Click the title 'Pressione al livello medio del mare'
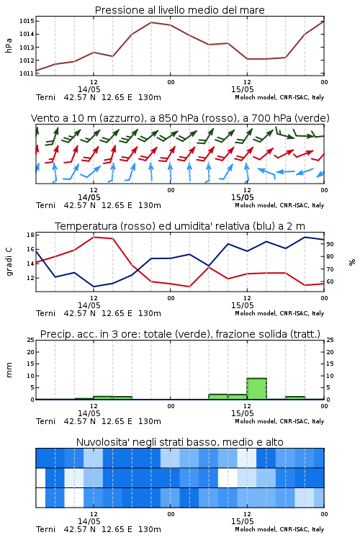click(179, 10)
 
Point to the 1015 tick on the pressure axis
click(27, 21)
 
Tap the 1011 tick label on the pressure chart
click(27, 73)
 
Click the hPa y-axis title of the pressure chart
click(9, 45)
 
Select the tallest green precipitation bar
click(256, 389)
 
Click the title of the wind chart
click(180, 118)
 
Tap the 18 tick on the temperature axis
click(30, 235)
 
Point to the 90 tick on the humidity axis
click(330, 244)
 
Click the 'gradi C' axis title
click(9, 261)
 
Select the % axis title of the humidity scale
click(352, 262)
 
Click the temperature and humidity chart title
click(180, 226)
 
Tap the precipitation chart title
click(180, 334)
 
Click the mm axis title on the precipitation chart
click(9, 370)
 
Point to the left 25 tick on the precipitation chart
click(30, 340)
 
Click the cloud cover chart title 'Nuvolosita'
click(180, 442)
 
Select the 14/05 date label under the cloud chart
click(89, 521)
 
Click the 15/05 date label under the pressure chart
click(242, 89)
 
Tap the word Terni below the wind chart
click(45, 206)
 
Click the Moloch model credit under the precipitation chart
click(279, 421)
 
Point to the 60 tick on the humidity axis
click(330, 282)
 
